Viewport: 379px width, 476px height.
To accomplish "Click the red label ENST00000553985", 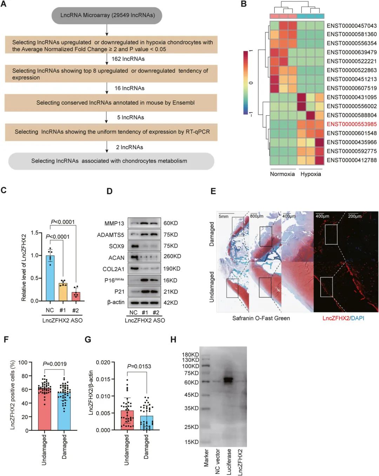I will tap(351, 124).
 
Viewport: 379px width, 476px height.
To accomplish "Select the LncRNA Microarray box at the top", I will tap(107, 15).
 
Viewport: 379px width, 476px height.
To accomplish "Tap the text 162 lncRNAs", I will tap(128, 59).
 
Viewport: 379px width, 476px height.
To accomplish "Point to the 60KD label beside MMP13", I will tap(171, 223).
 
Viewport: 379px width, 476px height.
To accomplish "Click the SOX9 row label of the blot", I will tap(117, 246).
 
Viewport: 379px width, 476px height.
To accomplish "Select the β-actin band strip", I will tap(144, 302).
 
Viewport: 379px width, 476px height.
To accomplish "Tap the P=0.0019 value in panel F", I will tap(55, 364).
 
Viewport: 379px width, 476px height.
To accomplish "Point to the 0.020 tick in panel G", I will tap(103, 362).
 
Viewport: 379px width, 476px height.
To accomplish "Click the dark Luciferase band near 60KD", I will tap(228, 380).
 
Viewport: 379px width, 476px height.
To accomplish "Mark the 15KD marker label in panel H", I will tap(192, 442).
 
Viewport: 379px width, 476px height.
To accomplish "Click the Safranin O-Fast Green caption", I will tap(261, 318).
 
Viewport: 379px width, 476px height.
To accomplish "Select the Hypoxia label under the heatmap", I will tap(311, 174).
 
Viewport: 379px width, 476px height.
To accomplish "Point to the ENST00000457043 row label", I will tap(351, 26).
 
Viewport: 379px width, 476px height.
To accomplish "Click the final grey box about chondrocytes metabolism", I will tap(111, 161).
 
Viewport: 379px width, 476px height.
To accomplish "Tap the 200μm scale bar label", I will tap(354, 216).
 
